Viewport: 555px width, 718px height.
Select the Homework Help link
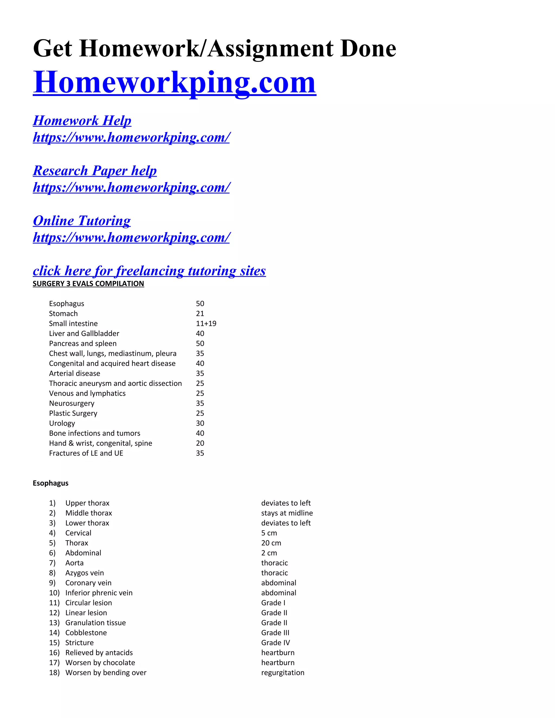(x=82, y=121)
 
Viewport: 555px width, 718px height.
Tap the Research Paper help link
(x=95, y=171)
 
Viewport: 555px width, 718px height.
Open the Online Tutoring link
(x=82, y=221)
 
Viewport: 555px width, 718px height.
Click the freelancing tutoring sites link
(x=149, y=271)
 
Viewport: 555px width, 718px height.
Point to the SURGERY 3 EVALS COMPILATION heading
(x=88, y=284)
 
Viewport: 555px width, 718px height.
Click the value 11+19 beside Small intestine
(x=206, y=324)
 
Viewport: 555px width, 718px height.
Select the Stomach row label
(x=63, y=314)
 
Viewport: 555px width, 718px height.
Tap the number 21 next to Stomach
(x=200, y=314)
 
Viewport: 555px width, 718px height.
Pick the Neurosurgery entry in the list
(x=72, y=403)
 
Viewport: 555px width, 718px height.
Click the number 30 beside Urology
(x=200, y=423)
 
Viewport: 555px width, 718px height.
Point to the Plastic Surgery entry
(x=73, y=413)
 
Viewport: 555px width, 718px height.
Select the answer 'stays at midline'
(x=287, y=513)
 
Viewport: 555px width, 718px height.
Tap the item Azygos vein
(x=85, y=573)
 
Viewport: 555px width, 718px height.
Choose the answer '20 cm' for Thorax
(x=271, y=543)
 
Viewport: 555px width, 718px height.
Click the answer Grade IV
(x=276, y=642)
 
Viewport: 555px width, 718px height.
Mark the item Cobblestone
(x=86, y=633)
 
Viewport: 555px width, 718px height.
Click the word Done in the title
(x=368, y=49)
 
